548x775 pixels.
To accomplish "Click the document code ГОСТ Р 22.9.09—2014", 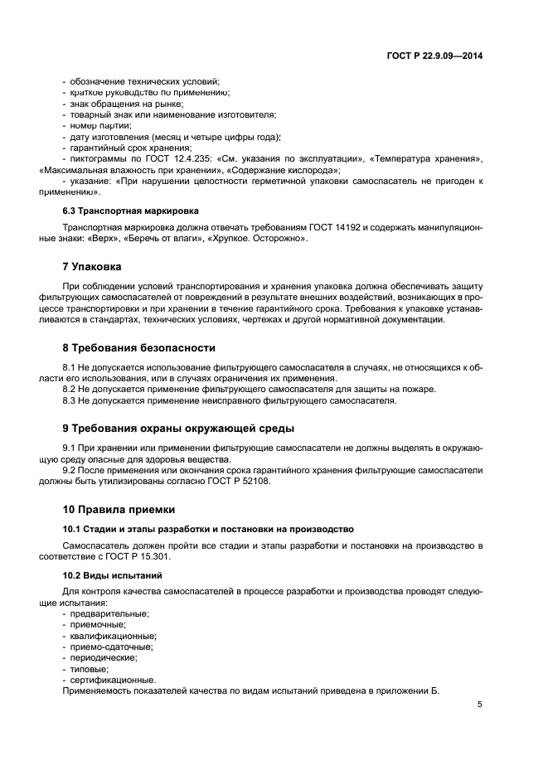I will click(x=434, y=55).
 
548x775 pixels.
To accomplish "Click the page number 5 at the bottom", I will click(x=479, y=705).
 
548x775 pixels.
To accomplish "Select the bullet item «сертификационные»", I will click(x=112, y=679).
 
